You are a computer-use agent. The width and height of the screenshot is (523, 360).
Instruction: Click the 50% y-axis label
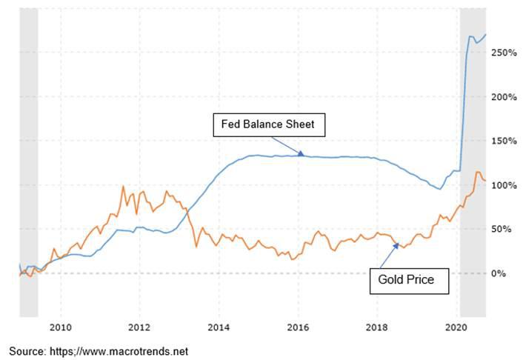pos(503,229)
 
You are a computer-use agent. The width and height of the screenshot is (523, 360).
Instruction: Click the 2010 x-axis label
pos(61,326)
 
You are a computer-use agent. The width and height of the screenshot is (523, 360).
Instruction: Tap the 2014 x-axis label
pos(219,326)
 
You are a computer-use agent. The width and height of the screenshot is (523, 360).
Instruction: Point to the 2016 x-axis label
pos(298,326)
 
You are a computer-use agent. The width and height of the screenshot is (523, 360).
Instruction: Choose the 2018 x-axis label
pos(377,326)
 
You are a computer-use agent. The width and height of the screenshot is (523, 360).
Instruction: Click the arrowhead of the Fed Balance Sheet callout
pos(302,154)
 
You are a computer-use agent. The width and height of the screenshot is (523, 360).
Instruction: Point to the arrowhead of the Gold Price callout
pos(398,243)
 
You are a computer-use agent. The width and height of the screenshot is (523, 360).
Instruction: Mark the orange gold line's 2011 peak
pos(123,186)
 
